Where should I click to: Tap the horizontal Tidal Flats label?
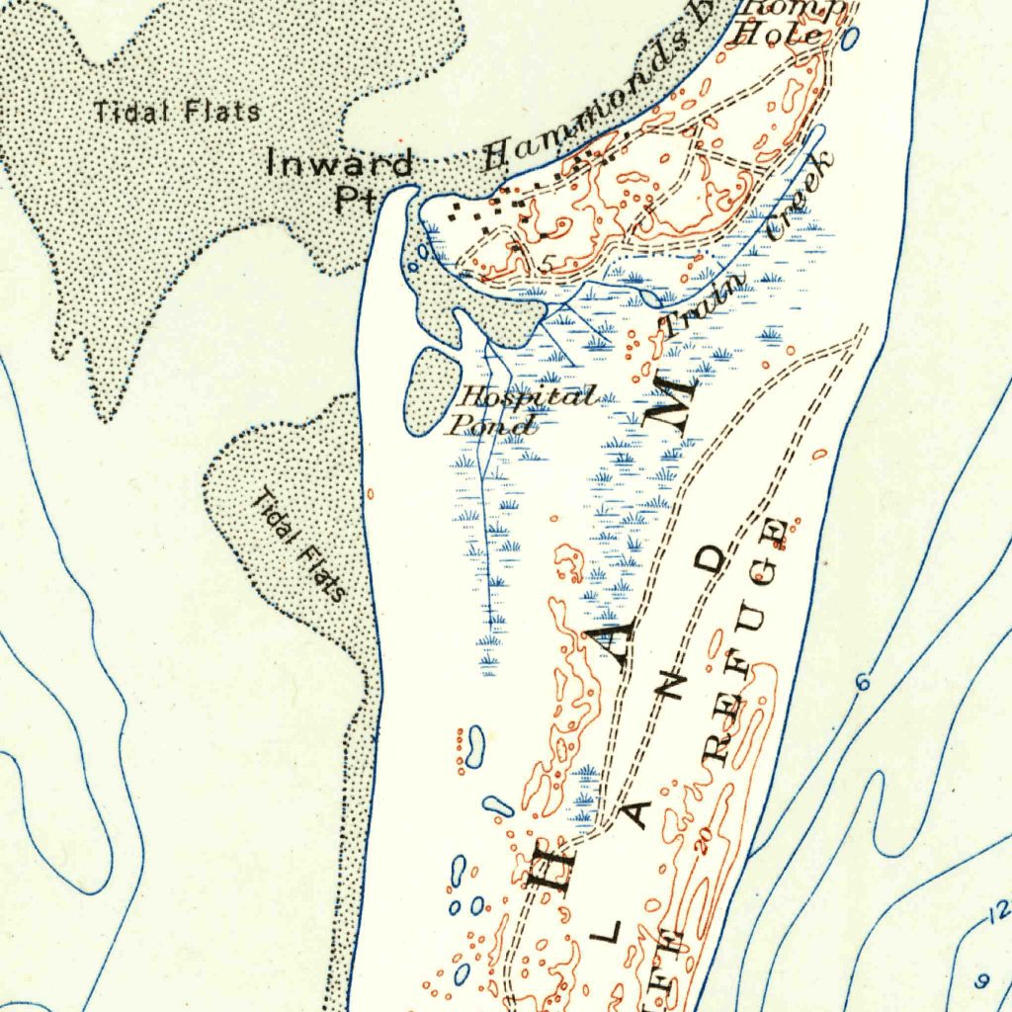tap(178, 112)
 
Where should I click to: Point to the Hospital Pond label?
tap(524, 411)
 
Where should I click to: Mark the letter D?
tap(711, 561)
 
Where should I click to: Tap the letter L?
tap(610, 930)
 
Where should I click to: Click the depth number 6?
tap(862, 682)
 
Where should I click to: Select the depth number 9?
tap(981, 980)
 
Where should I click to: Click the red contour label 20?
tap(703, 839)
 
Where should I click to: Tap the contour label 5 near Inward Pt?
tap(548, 264)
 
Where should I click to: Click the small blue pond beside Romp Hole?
tap(849, 40)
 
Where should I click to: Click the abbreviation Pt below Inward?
tap(353, 199)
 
